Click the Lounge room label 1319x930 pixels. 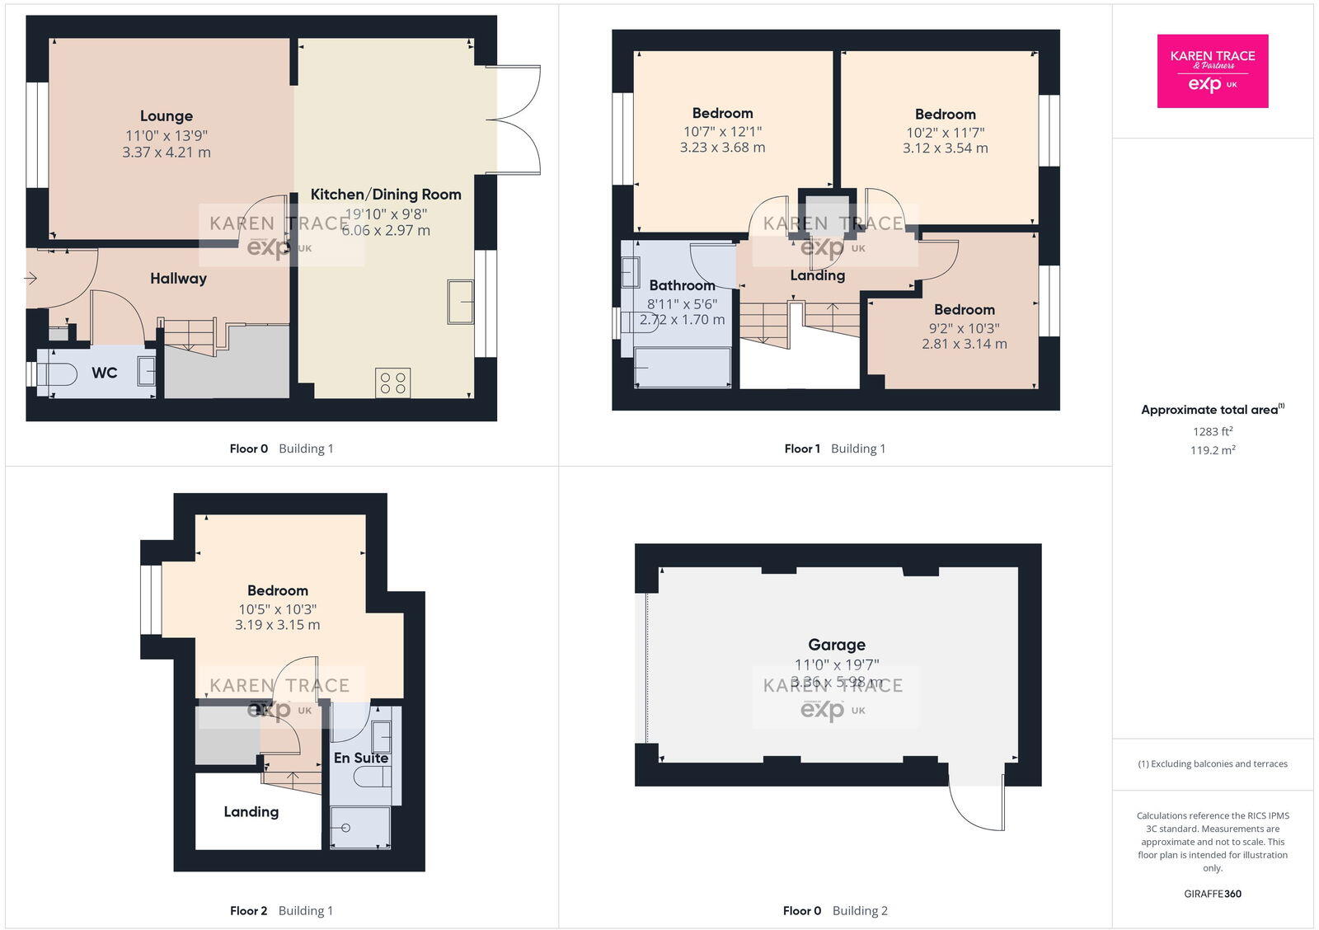(x=166, y=116)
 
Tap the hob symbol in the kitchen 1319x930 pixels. (x=392, y=383)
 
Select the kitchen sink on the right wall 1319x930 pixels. (x=460, y=301)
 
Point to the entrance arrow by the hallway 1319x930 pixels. (x=31, y=279)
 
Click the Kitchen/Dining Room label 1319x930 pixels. (x=386, y=195)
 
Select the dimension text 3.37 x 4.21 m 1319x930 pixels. (x=166, y=153)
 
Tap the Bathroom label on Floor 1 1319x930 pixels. (x=682, y=285)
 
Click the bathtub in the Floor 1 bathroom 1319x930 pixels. (x=682, y=368)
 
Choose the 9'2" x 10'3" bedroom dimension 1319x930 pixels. (x=965, y=327)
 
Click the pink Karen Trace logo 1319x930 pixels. (x=1213, y=71)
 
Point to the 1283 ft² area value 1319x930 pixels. (x=1213, y=431)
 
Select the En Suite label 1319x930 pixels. (x=360, y=758)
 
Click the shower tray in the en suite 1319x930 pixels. (x=359, y=828)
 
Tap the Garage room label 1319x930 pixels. (x=837, y=645)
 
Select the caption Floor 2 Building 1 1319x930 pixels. (x=281, y=910)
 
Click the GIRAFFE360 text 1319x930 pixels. (x=1213, y=894)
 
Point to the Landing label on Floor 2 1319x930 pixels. (x=251, y=812)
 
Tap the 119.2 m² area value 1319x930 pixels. (x=1213, y=450)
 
